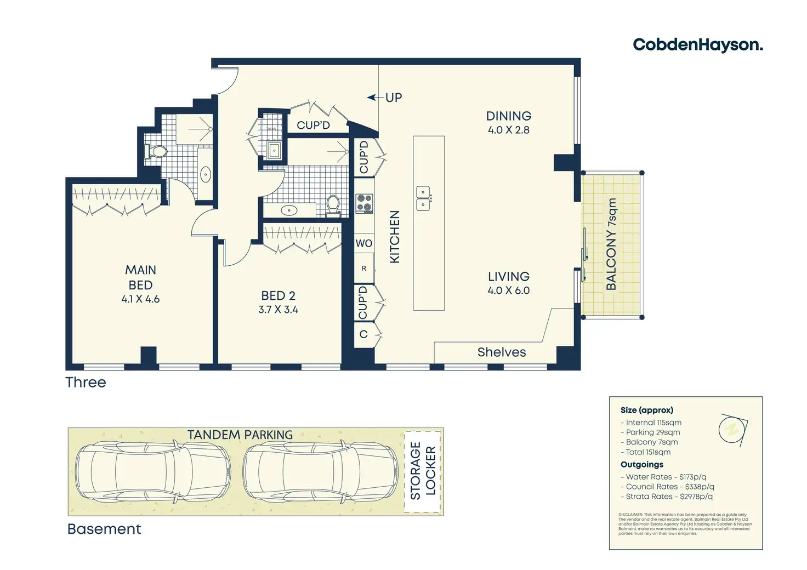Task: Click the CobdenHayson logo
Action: (697, 44)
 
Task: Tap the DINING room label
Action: (509, 116)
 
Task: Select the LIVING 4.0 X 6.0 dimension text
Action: (509, 290)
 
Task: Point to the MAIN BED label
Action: (140, 277)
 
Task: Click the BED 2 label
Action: (278, 296)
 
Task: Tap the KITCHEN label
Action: (394, 237)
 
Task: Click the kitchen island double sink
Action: (423, 198)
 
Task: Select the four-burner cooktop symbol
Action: (365, 204)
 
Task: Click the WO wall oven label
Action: (364, 243)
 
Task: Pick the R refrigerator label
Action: (363, 269)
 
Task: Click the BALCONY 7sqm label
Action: (611, 244)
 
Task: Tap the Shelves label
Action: (502, 352)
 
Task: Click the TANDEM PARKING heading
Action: (240, 435)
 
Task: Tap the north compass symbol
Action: (732, 429)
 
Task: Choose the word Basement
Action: (104, 529)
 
